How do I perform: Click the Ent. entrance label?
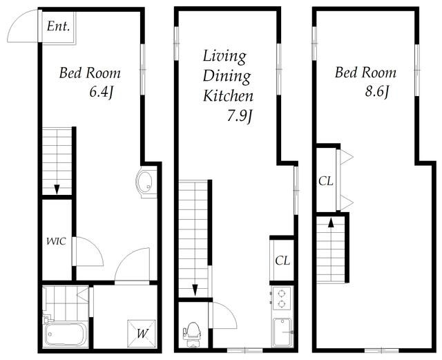tap(58, 26)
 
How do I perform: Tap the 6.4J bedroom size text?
tap(102, 92)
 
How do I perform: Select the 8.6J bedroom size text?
tap(378, 91)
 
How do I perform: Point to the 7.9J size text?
tap(240, 116)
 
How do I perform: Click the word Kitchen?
tap(228, 96)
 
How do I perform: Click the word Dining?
tap(227, 77)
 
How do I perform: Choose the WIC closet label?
tap(56, 242)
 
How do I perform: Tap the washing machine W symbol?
tap(142, 334)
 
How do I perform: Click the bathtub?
tap(65, 334)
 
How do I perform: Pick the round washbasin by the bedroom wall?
tap(144, 182)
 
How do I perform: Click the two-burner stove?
tap(281, 299)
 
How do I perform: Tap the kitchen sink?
tap(282, 332)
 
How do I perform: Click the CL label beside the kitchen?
tap(282, 260)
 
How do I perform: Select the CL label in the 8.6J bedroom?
tap(326, 181)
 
